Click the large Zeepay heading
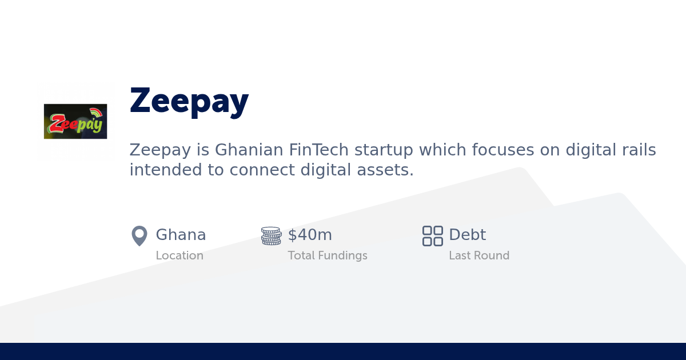click(x=189, y=101)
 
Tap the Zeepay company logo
click(x=75, y=121)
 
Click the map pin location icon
click(x=139, y=235)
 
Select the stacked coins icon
click(x=271, y=235)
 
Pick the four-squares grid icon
click(x=432, y=235)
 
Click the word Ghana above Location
click(x=181, y=235)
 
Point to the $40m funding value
click(x=310, y=235)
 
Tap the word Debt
click(x=467, y=235)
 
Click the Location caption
click(x=180, y=255)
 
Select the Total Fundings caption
click(x=328, y=255)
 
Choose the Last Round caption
click(x=479, y=255)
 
